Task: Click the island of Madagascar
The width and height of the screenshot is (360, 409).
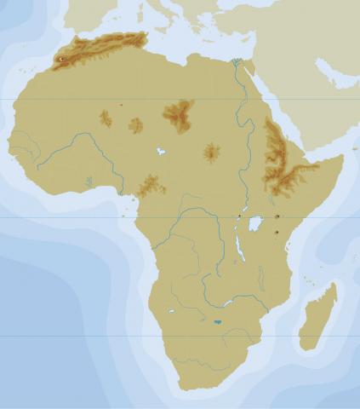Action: click(319, 317)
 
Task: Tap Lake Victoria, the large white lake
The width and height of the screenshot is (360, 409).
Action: click(255, 223)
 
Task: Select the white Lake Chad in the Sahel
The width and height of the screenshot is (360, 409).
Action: click(159, 152)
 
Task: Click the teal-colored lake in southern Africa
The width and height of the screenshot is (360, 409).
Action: click(218, 322)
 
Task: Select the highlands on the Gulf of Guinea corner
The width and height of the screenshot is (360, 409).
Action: click(151, 185)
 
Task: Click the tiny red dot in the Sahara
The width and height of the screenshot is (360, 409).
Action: click(122, 105)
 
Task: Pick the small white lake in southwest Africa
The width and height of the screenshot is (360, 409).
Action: click(171, 311)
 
